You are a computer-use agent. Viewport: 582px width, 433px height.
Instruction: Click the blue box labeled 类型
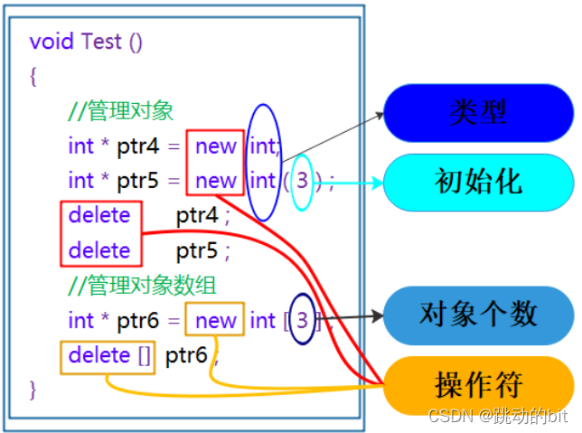click(478, 112)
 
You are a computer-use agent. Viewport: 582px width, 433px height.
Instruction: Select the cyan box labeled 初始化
click(478, 181)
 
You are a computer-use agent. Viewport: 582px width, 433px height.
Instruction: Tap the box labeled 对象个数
click(478, 314)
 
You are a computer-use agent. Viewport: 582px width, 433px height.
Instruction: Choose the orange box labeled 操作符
click(478, 384)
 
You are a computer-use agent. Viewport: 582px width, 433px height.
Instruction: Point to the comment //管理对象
click(121, 111)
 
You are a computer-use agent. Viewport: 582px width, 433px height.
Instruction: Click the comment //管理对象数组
click(142, 287)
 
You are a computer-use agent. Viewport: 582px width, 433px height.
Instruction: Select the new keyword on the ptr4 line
click(215, 146)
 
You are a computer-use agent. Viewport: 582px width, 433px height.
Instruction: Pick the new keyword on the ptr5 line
click(215, 181)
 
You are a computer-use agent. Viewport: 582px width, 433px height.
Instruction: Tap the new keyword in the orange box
click(215, 321)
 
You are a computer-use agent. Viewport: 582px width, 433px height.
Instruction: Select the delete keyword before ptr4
click(99, 215)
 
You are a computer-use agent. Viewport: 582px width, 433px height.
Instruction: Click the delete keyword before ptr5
click(99, 249)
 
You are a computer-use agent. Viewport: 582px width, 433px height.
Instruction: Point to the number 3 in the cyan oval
click(302, 181)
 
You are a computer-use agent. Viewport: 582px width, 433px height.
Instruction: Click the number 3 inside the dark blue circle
click(303, 320)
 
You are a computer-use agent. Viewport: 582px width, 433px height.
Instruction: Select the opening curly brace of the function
click(33, 77)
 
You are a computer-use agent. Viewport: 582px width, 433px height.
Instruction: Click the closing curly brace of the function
click(33, 390)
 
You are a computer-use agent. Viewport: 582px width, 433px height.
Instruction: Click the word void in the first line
click(52, 42)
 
